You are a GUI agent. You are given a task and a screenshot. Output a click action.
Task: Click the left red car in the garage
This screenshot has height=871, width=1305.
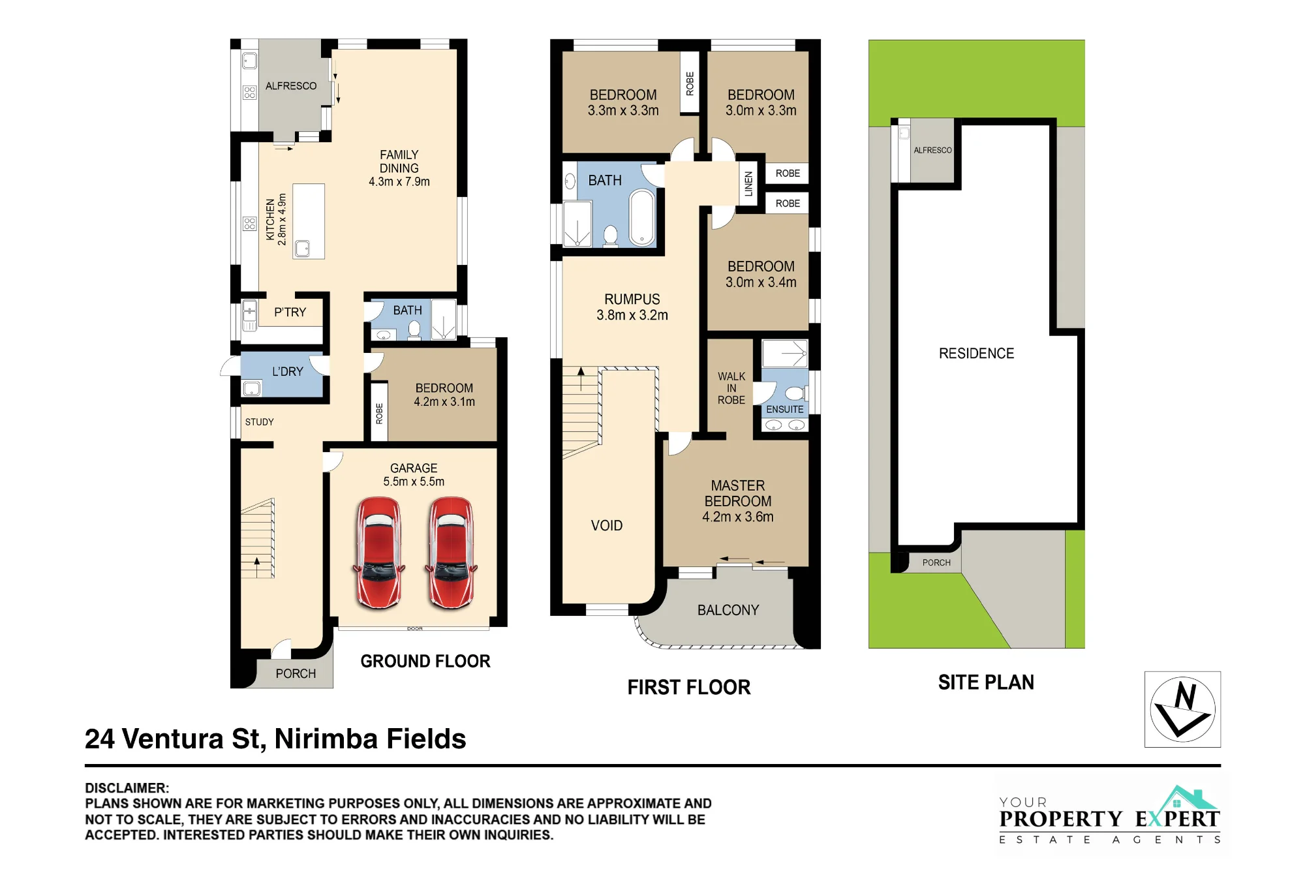378,553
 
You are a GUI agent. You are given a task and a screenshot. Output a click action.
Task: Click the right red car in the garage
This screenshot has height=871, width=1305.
451,553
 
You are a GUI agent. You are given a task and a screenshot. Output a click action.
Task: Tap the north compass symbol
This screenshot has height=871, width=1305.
1182,709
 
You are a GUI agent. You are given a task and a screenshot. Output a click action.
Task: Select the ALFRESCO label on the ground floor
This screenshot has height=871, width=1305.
291,86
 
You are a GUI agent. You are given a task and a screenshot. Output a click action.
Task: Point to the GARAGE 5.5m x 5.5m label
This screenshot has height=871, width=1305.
414,475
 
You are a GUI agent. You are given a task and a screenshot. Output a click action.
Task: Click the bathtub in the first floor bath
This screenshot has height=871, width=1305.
642,218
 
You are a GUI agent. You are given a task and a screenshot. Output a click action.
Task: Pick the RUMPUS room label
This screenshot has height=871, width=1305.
632,307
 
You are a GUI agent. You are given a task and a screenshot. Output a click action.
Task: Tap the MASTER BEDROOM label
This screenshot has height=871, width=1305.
738,501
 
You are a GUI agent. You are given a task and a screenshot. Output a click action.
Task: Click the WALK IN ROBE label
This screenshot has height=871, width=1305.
731,388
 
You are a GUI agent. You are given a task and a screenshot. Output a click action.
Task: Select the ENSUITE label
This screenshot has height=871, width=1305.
785,410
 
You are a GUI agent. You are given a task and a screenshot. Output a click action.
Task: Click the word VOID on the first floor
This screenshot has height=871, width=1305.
607,526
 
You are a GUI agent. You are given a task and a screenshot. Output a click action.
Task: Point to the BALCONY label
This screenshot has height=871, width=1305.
728,610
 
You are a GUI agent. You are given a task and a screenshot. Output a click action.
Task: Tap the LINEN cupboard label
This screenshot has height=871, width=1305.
748,183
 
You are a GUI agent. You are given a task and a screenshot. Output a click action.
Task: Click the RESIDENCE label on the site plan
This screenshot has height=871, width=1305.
977,354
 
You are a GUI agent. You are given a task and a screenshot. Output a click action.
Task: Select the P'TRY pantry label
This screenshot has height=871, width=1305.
290,313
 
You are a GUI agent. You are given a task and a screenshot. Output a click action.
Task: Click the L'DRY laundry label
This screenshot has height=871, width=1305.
288,372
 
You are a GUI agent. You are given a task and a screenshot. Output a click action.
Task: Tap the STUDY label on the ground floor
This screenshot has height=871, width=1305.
260,422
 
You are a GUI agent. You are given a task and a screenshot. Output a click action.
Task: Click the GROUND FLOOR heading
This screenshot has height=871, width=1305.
425,662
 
